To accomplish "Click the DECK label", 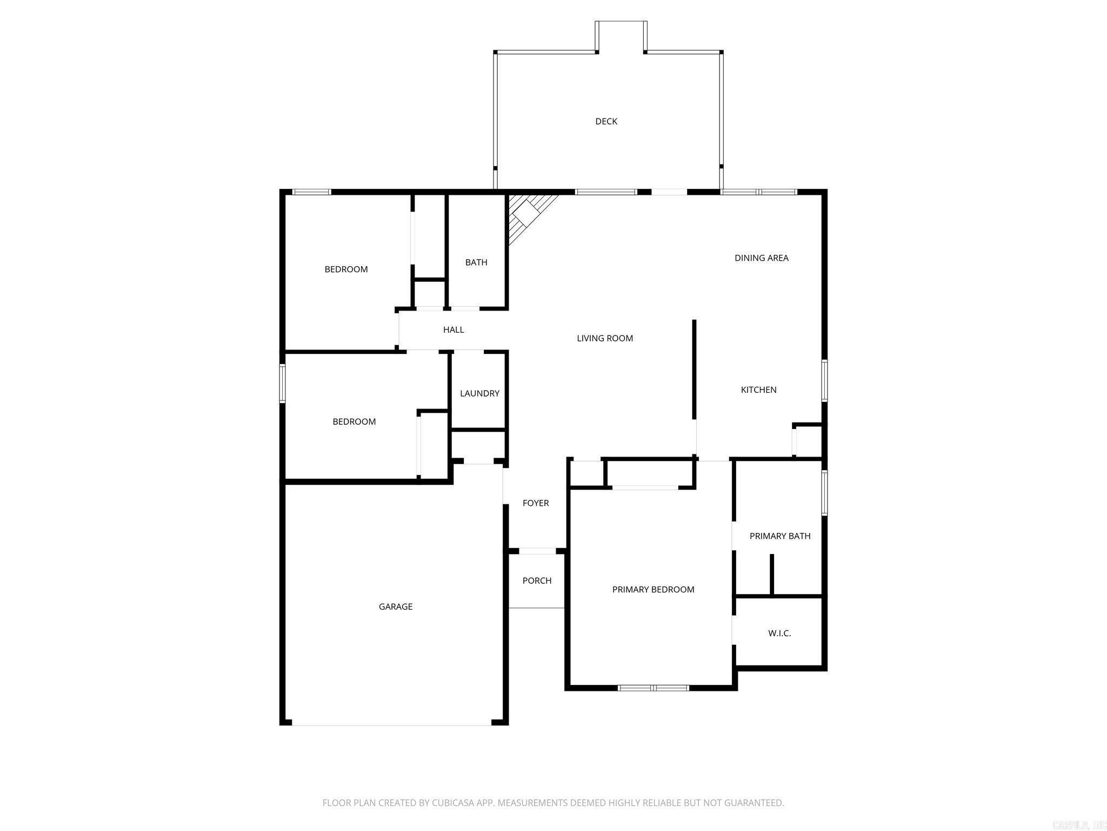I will [x=606, y=121].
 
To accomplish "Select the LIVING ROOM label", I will [x=605, y=338].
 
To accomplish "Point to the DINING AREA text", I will [x=761, y=258].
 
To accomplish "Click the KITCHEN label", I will [x=758, y=390].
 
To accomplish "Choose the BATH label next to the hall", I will [x=476, y=262].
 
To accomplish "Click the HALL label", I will [x=454, y=329].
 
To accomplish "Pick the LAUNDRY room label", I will [x=479, y=393].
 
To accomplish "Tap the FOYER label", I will [x=536, y=503].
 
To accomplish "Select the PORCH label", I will [x=537, y=581].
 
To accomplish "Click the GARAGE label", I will [x=396, y=606].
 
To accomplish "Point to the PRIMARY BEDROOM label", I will [x=653, y=589].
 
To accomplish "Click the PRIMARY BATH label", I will [x=780, y=536].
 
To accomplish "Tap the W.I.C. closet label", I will [x=779, y=633].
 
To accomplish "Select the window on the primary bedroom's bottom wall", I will [x=653, y=688].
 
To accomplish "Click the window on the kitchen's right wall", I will [x=824, y=381].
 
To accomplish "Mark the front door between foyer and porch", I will [x=537, y=551].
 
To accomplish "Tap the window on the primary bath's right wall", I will [x=824, y=493].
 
